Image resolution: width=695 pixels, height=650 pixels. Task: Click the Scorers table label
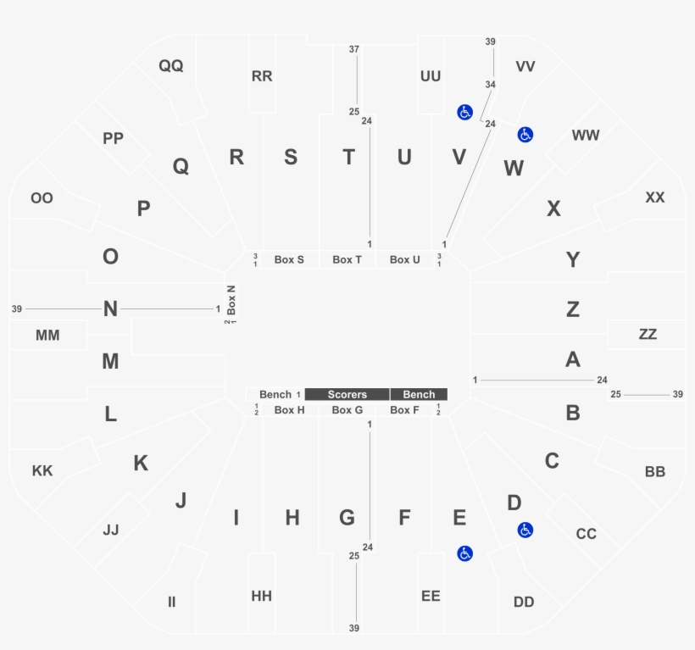[x=347, y=394]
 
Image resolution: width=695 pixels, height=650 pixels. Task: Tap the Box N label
[x=231, y=299]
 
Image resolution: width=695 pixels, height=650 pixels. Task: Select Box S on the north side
[x=289, y=259]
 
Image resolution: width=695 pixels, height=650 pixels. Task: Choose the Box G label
[x=347, y=410]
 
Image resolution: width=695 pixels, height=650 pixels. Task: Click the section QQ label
[x=170, y=65]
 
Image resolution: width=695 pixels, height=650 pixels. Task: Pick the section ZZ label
[x=648, y=334]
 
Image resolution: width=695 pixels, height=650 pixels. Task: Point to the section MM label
[x=47, y=336]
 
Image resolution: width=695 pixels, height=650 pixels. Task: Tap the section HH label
[x=262, y=596]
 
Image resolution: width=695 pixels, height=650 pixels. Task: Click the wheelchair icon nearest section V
[x=465, y=112]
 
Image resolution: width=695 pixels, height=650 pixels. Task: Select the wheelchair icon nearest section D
[x=525, y=530]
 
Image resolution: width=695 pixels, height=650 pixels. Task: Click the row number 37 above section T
[x=353, y=49]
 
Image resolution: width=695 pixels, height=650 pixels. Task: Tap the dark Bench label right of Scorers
[x=419, y=394]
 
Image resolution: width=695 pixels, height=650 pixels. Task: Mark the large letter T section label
[x=349, y=158]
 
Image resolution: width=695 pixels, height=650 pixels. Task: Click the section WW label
[x=586, y=135]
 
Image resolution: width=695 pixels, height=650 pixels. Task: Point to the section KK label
[x=42, y=470]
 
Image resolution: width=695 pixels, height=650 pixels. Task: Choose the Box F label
[x=404, y=410]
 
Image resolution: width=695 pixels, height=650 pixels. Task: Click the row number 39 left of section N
[x=17, y=308]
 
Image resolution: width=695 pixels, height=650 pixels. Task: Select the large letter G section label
[x=347, y=518]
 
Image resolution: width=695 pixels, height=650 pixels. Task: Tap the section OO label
[x=42, y=198]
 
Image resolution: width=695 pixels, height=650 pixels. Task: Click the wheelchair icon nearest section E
[x=465, y=553]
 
